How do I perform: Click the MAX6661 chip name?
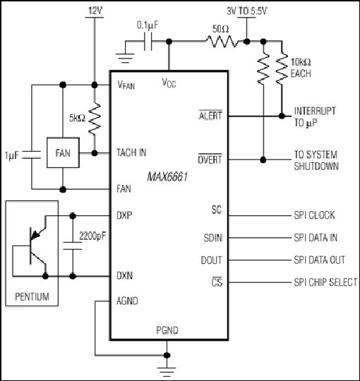click(x=167, y=176)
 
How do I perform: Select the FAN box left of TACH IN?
click(x=63, y=152)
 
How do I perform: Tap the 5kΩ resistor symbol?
click(x=95, y=119)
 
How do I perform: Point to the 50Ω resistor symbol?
click(x=222, y=42)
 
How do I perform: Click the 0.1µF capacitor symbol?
click(x=148, y=42)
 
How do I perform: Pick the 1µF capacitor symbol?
click(x=32, y=155)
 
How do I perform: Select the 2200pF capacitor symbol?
click(x=73, y=246)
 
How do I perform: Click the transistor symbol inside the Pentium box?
click(x=37, y=246)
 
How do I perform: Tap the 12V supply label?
click(x=95, y=11)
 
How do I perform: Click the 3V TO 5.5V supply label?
click(x=247, y=11)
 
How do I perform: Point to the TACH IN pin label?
click(x=131, y=152)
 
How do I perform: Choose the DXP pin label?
click(x=124, y=215)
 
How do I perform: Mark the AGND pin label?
click(x=127, y=301)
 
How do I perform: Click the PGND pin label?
click(x=167, y=330)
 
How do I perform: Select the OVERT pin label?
click(x=210, y=159)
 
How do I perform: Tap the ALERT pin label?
click(x=210, y=115)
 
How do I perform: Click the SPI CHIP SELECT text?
click(x=325, y=282)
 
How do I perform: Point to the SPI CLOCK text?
click(x=314, y=215)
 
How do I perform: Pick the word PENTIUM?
click(x=32, y=296)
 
